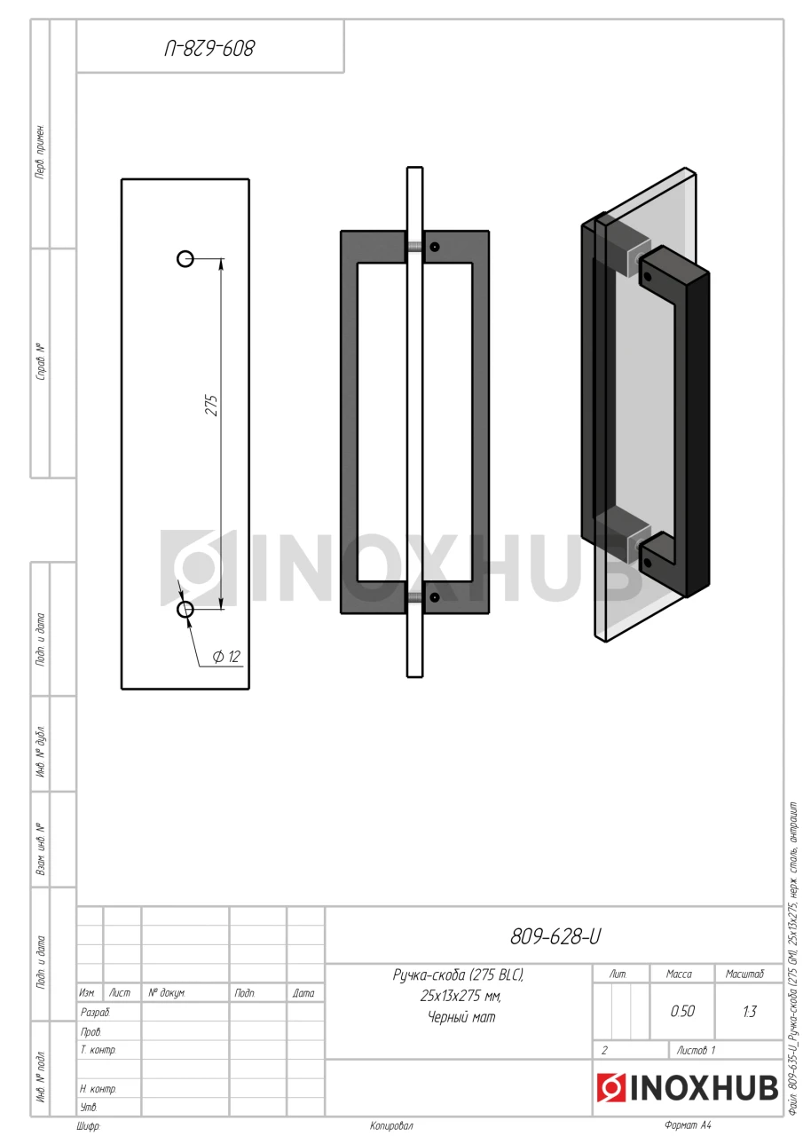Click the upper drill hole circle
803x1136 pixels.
tap(185, 258)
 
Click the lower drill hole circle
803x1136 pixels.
tap(185, 609)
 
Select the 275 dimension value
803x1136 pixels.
tap(211, 406)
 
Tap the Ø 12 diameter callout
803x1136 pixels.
tap(226, 657)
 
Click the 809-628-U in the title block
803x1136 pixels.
tap(555, 936)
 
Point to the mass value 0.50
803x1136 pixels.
tap(682, 1011)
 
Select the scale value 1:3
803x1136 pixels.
tap(749, 1012)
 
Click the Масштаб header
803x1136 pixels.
tap(744, 974)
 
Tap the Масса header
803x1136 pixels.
tap(679, 974)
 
